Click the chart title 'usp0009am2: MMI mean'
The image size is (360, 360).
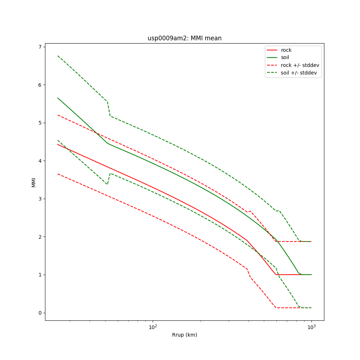pos(184,38)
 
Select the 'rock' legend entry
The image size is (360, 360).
pos(286,50)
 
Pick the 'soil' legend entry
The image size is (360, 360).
pos(285,57)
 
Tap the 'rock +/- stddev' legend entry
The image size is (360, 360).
pos(300,65)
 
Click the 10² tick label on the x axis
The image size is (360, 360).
pos(153,327)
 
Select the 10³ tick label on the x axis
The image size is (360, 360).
pos(311,327)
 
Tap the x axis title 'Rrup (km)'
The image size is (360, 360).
pos(184,335)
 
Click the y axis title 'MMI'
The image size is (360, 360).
pos(33,182)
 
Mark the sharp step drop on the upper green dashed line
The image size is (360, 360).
pos(108,109)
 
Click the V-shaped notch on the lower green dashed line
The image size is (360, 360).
pos(107,184)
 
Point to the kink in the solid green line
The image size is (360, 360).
pos(107,143)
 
